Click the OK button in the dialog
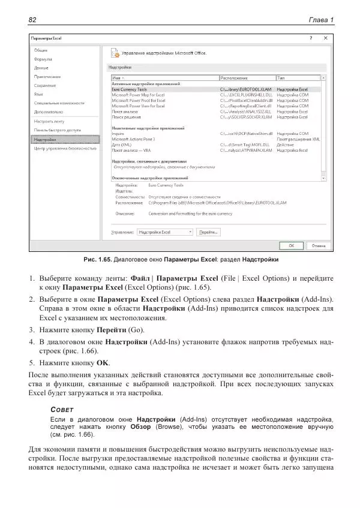[x=291, y=245]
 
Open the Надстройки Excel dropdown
[x=164, y=232]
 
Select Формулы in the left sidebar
[x=43, y=59]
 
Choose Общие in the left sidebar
[x=41, y=50]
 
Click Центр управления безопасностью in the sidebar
[x=65, y=147]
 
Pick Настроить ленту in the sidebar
[x=49, y=121]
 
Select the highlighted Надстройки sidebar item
[x=45, y=139]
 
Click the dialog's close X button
[x=325, y=38]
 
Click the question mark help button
[x=310, y=38]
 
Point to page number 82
[x=33, y=20]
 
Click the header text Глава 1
[x=321, y=20]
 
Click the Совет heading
[x=62, y=409]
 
